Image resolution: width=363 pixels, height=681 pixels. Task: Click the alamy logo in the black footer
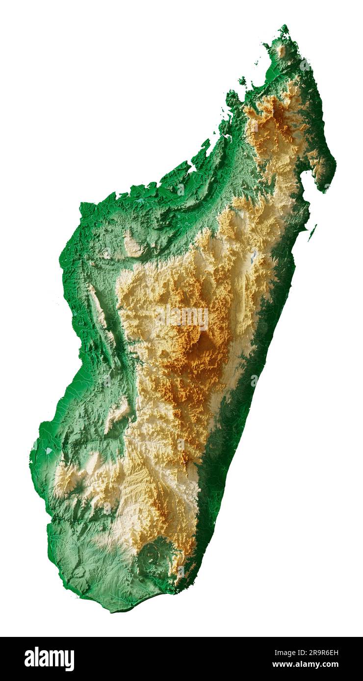[49, 658]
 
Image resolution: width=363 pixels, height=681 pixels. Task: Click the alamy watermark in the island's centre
[182, 317]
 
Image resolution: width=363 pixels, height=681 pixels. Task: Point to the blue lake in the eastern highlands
[254, 257]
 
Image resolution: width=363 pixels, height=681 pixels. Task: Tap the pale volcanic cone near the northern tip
[281, 50]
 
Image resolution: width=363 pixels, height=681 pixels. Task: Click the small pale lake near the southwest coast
[49, 450]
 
